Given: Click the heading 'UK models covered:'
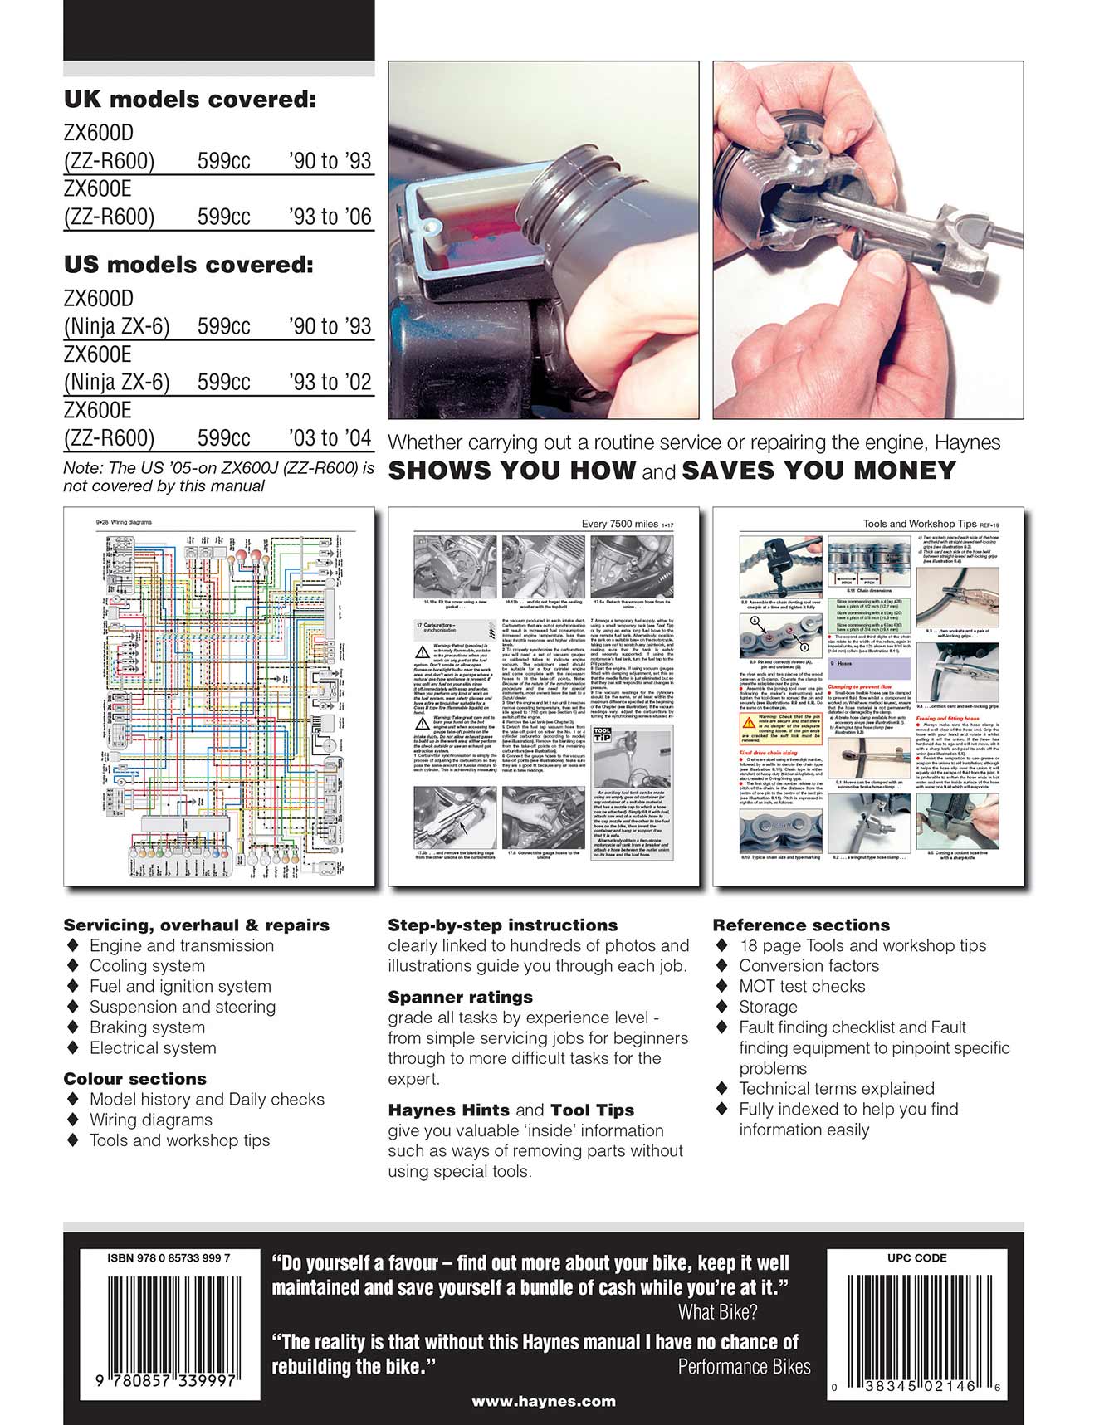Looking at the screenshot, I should pyautogui.click(x=190, y=100).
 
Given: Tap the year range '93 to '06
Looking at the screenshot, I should pyautogui.click(x=330, y=217).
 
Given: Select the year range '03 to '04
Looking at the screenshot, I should pyautogui.click(x=330, y=438).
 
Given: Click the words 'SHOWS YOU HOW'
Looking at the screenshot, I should pyautogui.click(x=512, y=471).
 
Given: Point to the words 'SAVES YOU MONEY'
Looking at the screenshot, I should pyautogui.click(x=818, y=471).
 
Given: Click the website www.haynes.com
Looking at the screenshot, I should pyautogui.click(x=544, y=1402).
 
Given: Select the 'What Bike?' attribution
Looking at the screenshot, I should pyautogui.click(x=717, y=1312).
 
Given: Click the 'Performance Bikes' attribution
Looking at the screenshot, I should pyautogui.click(x=744, y=1367).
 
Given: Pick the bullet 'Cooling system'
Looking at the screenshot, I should pyautogui.click(x=147, y=966).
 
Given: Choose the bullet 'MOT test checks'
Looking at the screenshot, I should pyautogui.click(x=802, y=986).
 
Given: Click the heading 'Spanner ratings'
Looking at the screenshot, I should pyautogui.click(x=461, y=998).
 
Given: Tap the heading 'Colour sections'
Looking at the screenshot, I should pyautogui.click(x=135, y=1079).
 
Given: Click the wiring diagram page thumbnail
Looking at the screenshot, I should pyautogui.click(x=219, y=697).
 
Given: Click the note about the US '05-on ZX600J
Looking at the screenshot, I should pyautogui.click(x=218, y=477).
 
